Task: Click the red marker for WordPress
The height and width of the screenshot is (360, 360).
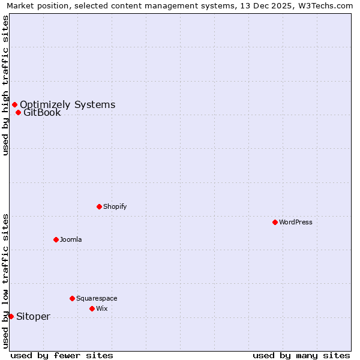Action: coord(275,222)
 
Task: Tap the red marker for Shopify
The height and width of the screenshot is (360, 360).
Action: coord(99,206)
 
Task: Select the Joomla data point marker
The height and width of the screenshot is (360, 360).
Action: coord(56,239)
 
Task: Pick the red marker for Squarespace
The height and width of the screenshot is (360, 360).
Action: coord(72,298)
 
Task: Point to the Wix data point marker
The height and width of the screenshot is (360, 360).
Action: coord(92,308)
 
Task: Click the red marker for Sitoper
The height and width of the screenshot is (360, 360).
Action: coord(11,316)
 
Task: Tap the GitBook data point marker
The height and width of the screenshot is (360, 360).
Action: coord(18,112)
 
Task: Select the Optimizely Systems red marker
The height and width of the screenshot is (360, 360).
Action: coord(14,104)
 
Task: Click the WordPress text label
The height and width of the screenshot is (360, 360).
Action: coord(296,222)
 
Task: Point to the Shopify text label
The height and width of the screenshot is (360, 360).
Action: coord(115,206)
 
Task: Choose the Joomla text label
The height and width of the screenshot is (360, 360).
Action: coord(71,239)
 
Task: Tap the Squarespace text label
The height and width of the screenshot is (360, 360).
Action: coord(97,298)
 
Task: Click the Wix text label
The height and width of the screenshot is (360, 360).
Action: coord(102,308)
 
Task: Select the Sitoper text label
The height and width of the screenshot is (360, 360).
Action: coord(33,316)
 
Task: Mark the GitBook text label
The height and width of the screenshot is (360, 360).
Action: coord(42,112)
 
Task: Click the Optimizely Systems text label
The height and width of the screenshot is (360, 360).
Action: coord(67,104)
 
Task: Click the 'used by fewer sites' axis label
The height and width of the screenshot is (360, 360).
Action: coord(62,355)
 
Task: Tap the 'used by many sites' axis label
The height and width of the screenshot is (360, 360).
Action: coord(301,355)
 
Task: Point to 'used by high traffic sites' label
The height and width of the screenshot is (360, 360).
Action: coord(5,85)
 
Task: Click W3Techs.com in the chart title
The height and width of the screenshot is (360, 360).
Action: coord(324,6)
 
